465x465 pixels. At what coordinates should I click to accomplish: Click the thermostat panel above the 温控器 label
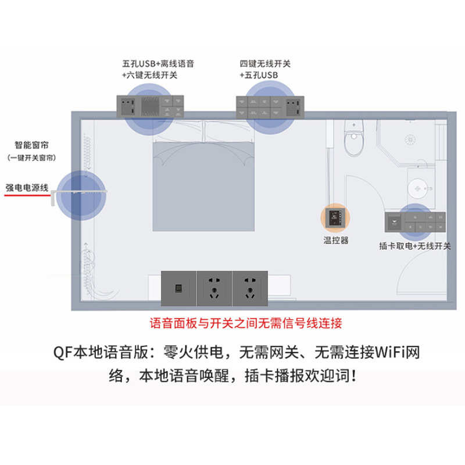point(336,219)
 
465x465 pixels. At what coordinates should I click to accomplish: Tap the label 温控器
point(336,240)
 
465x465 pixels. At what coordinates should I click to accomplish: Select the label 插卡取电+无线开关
point(415,246)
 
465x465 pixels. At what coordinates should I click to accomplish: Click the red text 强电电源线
point(27,188)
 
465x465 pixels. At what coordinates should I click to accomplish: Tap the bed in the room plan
point(203,180)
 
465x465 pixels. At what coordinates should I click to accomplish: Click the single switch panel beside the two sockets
point(178,288)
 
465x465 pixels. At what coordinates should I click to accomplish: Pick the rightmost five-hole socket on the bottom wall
point(249,288)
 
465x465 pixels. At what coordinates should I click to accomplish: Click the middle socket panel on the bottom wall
point(214,288)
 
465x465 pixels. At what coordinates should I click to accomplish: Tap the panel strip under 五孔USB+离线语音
point(152,104)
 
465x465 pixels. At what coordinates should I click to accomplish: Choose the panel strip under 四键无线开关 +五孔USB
point(268,105)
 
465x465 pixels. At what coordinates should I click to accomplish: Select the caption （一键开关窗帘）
point(32,158)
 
